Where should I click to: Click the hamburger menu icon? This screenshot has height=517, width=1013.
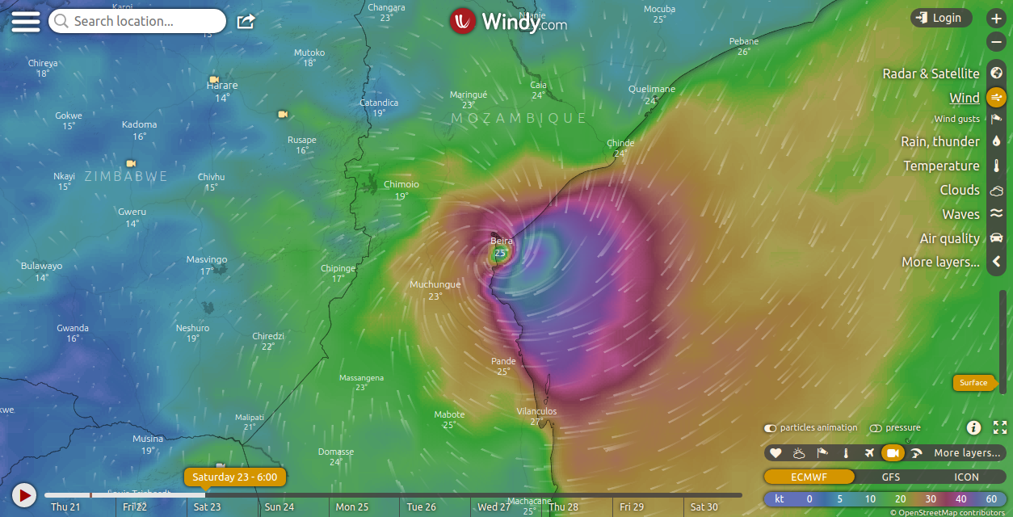(x=25, y=21)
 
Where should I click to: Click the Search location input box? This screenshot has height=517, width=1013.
(x=137, y=21)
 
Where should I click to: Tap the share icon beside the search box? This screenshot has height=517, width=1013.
(x=246, y=21)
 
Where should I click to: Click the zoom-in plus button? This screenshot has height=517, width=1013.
(x=996, y=18)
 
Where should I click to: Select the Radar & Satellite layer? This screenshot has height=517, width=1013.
(x=931, y=74)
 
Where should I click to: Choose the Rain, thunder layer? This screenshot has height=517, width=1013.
(x=940, y=141)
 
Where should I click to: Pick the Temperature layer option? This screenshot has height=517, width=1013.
(x=941, y=166)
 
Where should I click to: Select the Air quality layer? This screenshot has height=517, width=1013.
(x=949, y=238)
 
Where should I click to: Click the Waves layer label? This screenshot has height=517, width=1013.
(x=960, y=214)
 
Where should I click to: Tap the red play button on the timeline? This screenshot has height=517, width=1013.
(x=24, y=494)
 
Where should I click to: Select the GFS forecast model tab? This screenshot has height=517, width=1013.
(x=890, y=477)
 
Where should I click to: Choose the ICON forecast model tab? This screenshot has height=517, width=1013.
(x=966, y=477)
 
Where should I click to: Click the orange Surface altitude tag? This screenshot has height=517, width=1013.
(x=973, y=382)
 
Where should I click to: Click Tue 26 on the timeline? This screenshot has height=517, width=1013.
(x=421, y=506)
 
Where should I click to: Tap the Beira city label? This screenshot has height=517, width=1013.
(x=502, y=241)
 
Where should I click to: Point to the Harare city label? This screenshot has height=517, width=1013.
(x=222, y=86)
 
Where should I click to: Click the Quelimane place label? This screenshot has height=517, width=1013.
(x=651, y=89)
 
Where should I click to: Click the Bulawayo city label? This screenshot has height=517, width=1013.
(x=41, y=266)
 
